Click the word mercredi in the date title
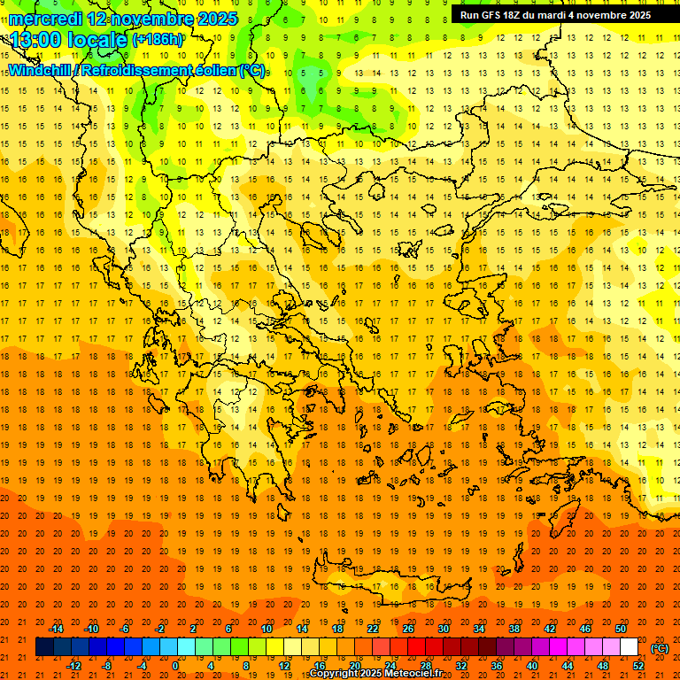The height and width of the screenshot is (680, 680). coord(44,19)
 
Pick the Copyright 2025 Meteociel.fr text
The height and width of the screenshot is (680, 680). coord(375,674)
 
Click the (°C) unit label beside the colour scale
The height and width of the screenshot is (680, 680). coord(660,648)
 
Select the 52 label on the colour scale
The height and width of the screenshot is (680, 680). coord(638,666)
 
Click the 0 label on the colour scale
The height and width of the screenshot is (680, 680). coord(175,666)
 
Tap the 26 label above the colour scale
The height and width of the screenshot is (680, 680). coord(408,629)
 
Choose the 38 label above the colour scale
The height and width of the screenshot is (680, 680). coord(514,629)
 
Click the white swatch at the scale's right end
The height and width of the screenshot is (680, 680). coord(630,647)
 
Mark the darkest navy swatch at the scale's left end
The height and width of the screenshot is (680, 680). coord(44,647)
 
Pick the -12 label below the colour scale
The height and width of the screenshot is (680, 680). coord(73,666)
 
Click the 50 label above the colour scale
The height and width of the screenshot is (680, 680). coord(621,629)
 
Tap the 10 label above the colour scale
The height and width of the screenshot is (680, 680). coord(266,629)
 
